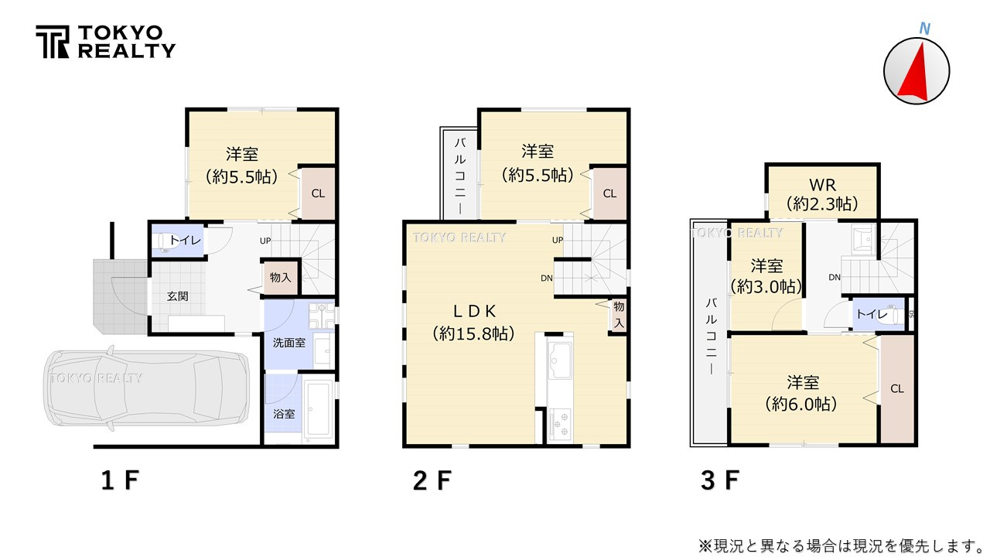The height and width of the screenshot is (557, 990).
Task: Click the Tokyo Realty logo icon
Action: pyautogui.click(x=52, y=42)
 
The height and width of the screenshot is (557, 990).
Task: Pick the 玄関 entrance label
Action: pyautogui.click(x=177, y=296)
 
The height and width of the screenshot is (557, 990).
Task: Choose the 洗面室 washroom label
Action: pyautogui.click(x=288, y=342)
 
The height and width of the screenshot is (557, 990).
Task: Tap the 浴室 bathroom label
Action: pyautogui.click(x=284, y=414)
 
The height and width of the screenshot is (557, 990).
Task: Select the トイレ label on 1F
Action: pyautogui.click(x=185, y=241)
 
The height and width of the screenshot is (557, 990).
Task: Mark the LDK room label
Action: pyautogui.click(x=473, y=311)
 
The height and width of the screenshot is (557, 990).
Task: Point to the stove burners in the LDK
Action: pyautogui.click(x=559, y=424)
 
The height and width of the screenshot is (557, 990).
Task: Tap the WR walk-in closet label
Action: pyautogui.click(x=822, y=186)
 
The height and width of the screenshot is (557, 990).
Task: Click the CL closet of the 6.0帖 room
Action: pyautogui.click(x=897, y=389)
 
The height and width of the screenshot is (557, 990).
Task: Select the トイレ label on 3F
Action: pyautogui.click(x=870, y=315)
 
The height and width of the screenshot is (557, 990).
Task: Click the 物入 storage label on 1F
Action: pyautogui.click(x=280, y=277)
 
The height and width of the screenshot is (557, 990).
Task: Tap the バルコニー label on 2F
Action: pyautogui.click(x=459, y=176)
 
